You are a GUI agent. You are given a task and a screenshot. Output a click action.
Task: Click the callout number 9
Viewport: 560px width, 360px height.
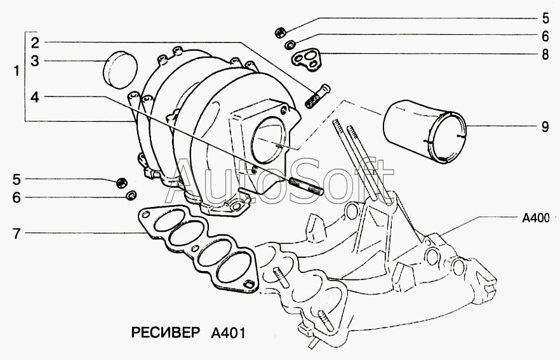coord(545,126)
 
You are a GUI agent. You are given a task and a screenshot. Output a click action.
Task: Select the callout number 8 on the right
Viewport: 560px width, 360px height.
coord(545,55)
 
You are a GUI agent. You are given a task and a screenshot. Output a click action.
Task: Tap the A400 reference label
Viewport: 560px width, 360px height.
coord(536,218)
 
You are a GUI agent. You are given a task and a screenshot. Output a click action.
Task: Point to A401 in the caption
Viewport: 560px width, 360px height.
coord(228,333)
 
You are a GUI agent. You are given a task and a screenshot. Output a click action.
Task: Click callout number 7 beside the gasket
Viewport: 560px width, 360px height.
coord(17,234)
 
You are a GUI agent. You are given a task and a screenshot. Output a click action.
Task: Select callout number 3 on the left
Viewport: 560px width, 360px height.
coord(35,61)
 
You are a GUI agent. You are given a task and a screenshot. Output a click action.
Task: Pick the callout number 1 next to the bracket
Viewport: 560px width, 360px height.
coord(16,71)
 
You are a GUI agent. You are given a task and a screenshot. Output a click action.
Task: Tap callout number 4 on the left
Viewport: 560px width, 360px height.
coord(34,97)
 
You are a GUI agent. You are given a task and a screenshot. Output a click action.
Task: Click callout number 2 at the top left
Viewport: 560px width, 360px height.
coord(35,43)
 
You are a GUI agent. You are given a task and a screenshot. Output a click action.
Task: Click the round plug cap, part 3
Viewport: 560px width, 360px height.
coord(121,70)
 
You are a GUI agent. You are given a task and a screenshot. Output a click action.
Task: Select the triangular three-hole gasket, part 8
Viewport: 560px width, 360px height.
coord(307,59)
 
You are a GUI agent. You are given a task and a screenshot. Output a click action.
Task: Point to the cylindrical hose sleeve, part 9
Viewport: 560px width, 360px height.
coord(425,132)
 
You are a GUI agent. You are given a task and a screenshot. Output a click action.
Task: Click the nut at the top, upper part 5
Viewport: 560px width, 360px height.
coord(281,33)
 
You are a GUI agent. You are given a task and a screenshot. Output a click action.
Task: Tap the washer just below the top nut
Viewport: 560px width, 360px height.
coord(290,44)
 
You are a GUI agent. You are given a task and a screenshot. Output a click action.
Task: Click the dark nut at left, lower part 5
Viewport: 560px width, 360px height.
coord(122,182)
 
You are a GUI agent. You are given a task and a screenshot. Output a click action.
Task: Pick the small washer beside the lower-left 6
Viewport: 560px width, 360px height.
coord(131,195)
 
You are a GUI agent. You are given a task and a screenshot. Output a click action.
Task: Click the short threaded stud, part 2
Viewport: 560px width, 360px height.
coord(317,96)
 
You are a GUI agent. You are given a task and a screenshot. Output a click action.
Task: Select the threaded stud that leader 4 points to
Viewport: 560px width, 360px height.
coord(306,186)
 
